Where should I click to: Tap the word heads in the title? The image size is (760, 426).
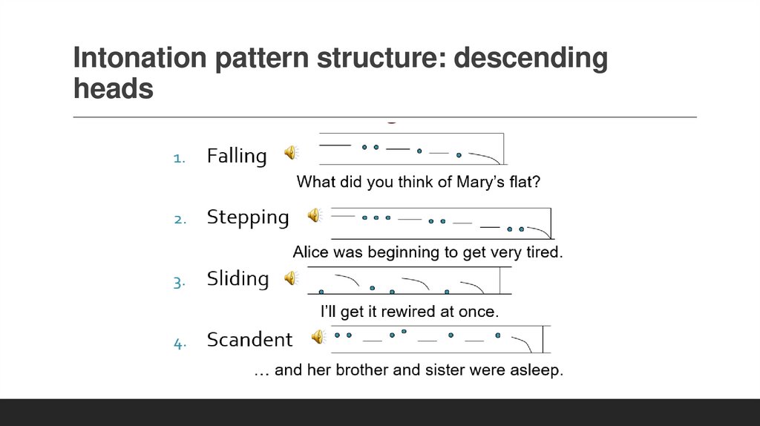click(x=114, y=89)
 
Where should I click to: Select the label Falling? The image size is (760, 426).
click(x=236, y=156)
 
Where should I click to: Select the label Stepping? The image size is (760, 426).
click(x=247, y=217)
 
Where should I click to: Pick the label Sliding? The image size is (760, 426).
click(x=237, y=279)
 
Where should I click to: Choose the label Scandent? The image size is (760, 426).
click(x=249, y=340)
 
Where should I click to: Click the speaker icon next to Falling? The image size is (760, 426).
click(x=291, y=153)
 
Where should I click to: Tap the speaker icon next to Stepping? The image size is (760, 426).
click(x=315, y=215)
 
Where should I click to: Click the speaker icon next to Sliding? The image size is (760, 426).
click(x=291, y=278)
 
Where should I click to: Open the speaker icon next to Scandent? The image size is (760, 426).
click(x=318, y=337)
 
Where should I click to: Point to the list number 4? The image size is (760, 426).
click(x=178, y=343)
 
